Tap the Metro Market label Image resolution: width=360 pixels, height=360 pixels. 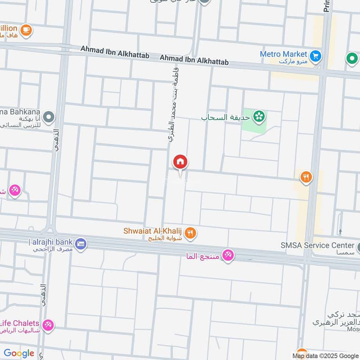tap(283, 54)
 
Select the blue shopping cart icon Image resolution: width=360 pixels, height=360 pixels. tap(316, 56)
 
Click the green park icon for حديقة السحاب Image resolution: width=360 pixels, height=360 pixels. tap(259, 117)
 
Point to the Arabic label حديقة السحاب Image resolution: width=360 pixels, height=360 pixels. tap(225, 117)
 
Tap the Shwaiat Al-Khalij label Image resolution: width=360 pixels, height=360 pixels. tap(153, 231)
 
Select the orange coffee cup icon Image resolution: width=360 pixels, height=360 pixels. tap(26, 30)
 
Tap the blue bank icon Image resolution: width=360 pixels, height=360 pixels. tap(81, 243)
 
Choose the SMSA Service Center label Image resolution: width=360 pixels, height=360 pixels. tap(317, 245)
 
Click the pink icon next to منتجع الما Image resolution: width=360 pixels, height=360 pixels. tap(228, 256)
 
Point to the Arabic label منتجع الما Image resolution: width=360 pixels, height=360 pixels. tap(204, 256)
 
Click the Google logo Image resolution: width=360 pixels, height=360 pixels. tap(19, 353)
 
